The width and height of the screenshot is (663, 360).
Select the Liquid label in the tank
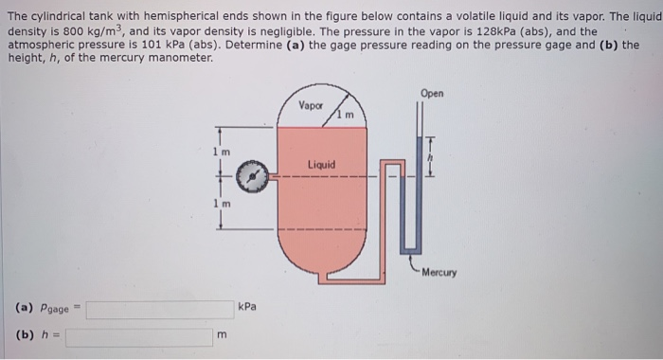click(321, 165)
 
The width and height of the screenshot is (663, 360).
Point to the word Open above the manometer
click(432, 94)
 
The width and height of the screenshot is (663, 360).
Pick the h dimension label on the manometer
click(433, 157)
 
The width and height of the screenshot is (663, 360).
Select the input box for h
click(139, 336)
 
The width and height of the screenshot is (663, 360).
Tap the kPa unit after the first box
click(248, 308)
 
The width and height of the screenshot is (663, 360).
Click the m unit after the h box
click(223, 335)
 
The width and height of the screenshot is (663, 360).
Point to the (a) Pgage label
click(47, 309)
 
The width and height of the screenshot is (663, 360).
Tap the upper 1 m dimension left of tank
click(219, 151)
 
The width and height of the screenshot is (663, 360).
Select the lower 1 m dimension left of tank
click(219, 205)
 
